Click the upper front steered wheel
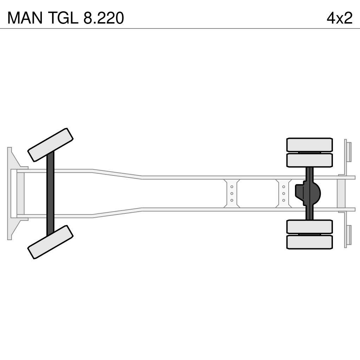(50, 145)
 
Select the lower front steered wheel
(50, 242)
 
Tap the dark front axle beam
(50, 193)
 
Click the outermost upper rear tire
(309, 144)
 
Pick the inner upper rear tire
(309, 160)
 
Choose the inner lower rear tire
(309, 227)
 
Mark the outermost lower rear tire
(309, 242)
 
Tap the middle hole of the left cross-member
(232, 193)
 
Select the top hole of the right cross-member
(283, 187)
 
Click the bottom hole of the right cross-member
(283, 200)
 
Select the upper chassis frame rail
(211, 178)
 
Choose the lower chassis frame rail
(211, 210)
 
